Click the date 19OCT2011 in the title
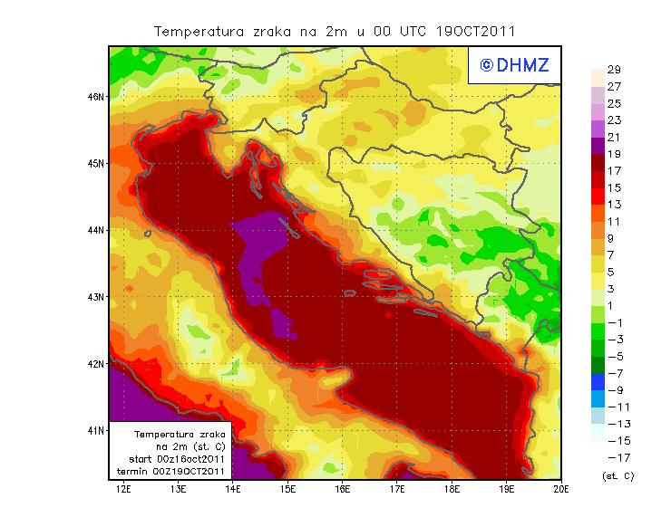478,31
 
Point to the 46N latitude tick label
96,96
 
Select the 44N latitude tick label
96,230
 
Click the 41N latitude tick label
96,430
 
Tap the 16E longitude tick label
343,489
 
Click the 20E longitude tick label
561,489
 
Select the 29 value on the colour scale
614,70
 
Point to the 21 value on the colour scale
614,137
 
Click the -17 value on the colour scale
615,456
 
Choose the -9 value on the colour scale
615,389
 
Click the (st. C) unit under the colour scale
618,475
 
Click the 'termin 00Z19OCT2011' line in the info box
174,471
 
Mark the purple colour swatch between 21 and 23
597,129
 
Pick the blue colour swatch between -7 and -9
597,381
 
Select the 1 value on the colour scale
614,305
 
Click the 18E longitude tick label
452,489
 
